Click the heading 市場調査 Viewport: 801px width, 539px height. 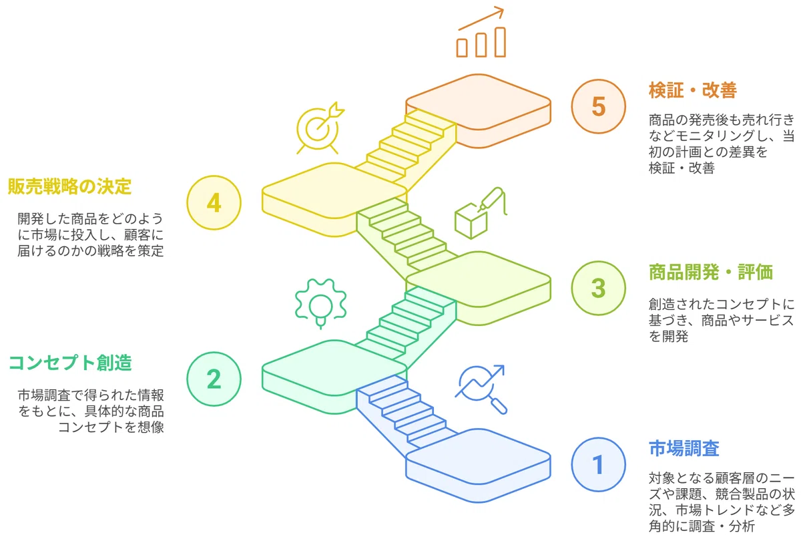684,448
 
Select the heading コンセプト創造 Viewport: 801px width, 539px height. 70,363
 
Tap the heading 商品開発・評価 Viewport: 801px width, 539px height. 710,272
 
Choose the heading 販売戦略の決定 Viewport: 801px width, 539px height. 69,186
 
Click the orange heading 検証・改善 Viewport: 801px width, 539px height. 693,90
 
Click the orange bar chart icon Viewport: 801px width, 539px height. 481,32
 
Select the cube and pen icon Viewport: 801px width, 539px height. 481,213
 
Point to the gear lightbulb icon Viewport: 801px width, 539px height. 321,303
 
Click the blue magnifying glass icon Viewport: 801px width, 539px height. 481,389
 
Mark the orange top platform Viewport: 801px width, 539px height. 478,111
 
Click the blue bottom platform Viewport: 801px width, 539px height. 478,466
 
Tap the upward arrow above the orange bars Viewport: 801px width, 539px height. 481,19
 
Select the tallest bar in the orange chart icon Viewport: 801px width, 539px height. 500,42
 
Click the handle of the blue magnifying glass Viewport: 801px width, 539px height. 499,406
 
